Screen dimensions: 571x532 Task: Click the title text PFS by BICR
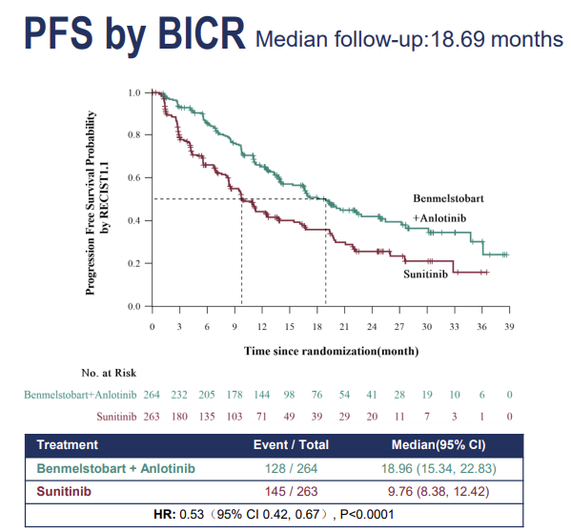click(x=134, y=34)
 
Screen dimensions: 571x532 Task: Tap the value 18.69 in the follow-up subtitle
click(x=458, y=39)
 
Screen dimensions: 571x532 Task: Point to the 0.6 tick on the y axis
click(x=134, y=177)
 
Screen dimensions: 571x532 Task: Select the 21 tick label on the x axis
click(x=344, y=327)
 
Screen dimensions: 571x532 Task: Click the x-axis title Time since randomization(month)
click(x=331, y=351)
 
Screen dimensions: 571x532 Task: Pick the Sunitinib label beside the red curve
click(x=425, y=275)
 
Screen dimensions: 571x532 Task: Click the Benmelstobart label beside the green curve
click(x=448, y=198)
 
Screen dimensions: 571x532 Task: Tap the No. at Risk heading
click(x=109, y=373)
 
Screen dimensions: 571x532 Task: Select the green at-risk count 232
click(x=179, y=395)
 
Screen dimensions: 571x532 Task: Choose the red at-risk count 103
click(x=235, y=417)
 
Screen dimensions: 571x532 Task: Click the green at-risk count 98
click(x=289, y=395)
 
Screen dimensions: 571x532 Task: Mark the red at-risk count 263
click(x=152, y=417)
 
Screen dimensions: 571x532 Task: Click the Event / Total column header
click(x=291, y=444)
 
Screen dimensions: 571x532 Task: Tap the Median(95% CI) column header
click(x=438, y=444)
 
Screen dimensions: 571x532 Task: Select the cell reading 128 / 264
click(x=291, y=468)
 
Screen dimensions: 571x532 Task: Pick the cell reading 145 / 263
click(x=291, y=491)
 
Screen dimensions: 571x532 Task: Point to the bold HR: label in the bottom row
click(x=165, y=514)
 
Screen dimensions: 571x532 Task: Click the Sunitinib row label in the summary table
click(x=64, y=491)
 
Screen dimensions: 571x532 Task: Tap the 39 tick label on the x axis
click(x=509, y=327)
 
